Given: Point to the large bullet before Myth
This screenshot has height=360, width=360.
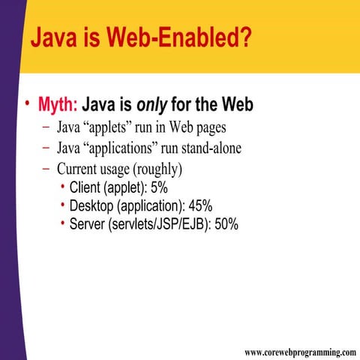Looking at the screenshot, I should click(x=28, y=104).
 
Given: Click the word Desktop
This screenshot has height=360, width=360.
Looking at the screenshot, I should click(x=92, y=205).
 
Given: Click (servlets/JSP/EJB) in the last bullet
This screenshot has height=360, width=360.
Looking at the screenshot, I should click(x=160, y=223).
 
